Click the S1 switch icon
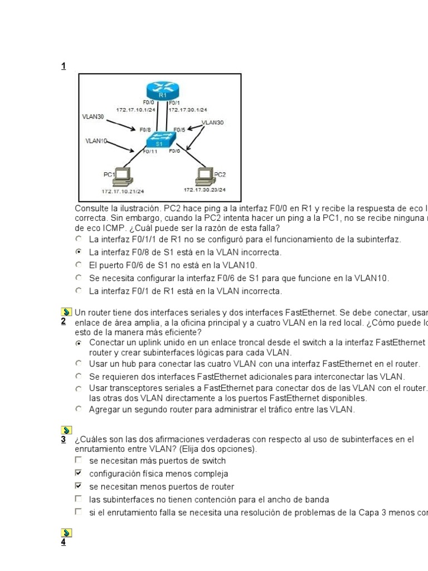coord(160,139)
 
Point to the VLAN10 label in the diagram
coord(96,141)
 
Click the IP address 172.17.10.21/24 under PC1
coord(123,191)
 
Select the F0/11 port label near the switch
coord(150,151)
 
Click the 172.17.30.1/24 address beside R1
coord(188,110)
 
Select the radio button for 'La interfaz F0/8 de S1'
coord(79,252)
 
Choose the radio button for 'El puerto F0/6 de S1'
coord(79,265)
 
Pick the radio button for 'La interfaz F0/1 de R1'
coord(79,291)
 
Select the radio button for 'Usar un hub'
coord(79,364)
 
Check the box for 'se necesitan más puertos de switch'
coord(79,461)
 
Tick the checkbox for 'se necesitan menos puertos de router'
coord(79,486)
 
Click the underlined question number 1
coord(64,66)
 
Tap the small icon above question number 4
coord(65,533)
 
